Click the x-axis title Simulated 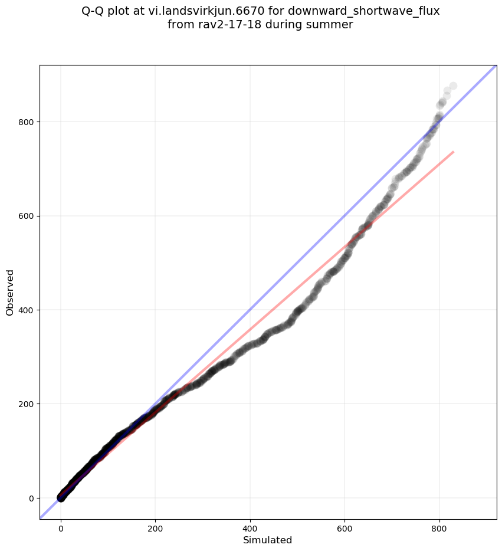(268, 540)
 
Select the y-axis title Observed (10, 293)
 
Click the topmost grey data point (453, 86)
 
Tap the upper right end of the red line (453, 152)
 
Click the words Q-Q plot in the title (107, 11)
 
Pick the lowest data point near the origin (61, 498)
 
